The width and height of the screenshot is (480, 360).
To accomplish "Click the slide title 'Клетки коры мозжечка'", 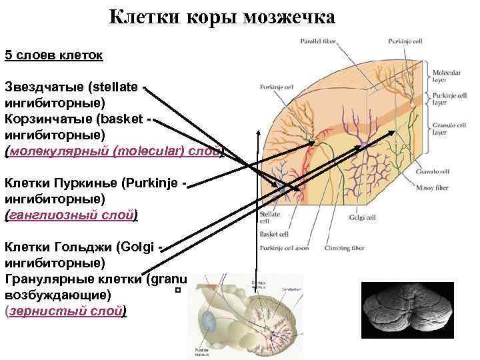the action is (x=222, y=16).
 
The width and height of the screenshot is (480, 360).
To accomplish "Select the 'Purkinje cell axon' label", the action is (x=287, y=248).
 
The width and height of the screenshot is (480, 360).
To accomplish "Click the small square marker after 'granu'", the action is (x=178, y=291).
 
